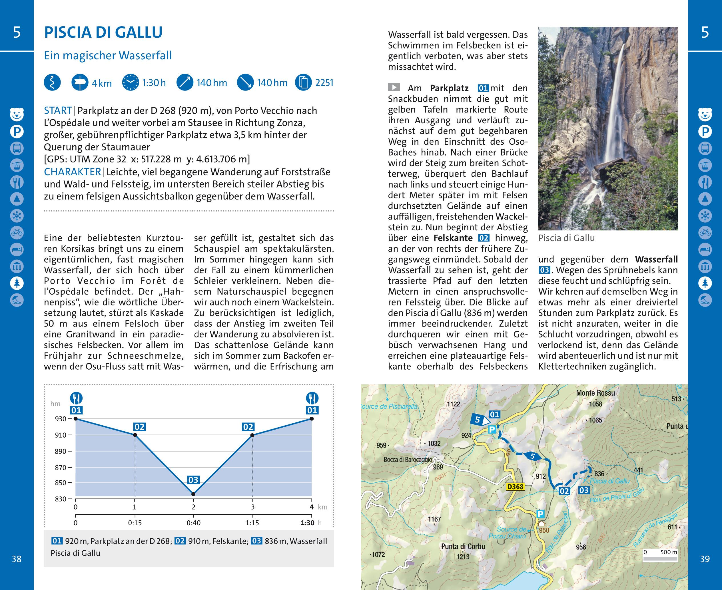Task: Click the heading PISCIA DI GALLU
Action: coord(103,33)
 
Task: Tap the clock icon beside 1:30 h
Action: coord(131,82)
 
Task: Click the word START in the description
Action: coord(58,111)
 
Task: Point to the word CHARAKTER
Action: coord(73,172)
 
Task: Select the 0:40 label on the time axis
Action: coord(194,523)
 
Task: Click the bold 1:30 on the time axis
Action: coord(307,523)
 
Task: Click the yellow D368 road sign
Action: coord(515,487)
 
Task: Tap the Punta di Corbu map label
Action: coord(463,547)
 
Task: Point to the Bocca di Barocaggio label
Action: coord(408,460)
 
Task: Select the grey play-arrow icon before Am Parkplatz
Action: coord(394,88)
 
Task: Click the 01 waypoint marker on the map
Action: coord(494,414)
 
